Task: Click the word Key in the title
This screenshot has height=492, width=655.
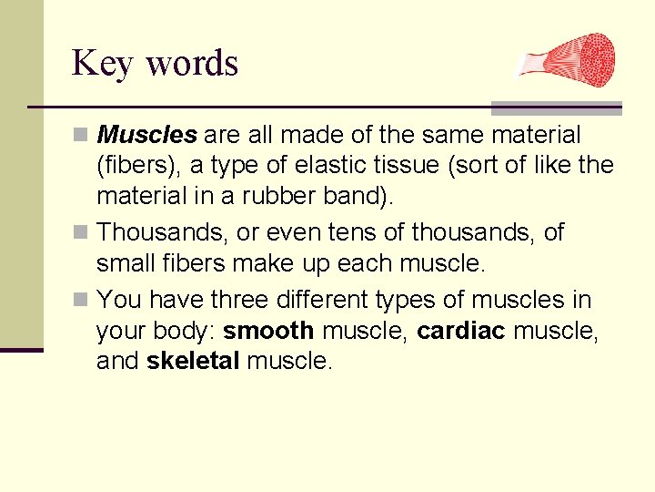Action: pyautogui.click(x=103, y=64)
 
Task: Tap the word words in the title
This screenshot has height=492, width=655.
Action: pyautogui.click(x=191, y=64)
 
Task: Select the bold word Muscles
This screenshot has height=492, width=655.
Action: pyautogui.click(x=146, y=136)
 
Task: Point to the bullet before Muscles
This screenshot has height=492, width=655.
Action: pyautogui.click(x=81, y=136)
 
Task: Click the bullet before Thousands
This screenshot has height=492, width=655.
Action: pyautogui.click(x=81, y=233)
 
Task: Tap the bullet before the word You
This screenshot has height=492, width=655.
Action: pyautogui.click(x=81, y=300)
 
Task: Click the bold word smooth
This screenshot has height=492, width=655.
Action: pyautogui.click(x=268, y=331)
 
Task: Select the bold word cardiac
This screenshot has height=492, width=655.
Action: pyautogui.click(x=460, y=331)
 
